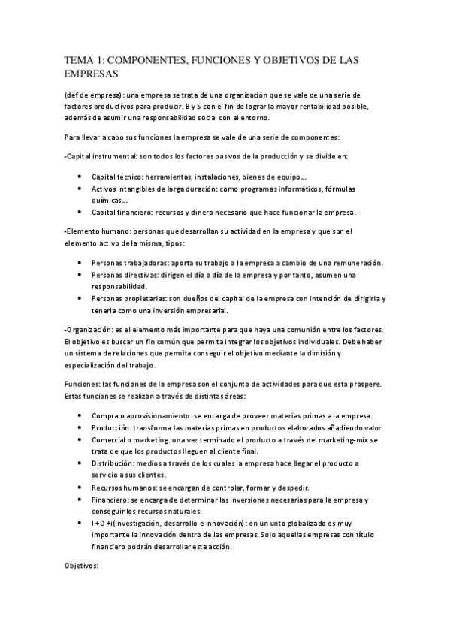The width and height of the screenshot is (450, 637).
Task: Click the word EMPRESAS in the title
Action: point(91,74)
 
